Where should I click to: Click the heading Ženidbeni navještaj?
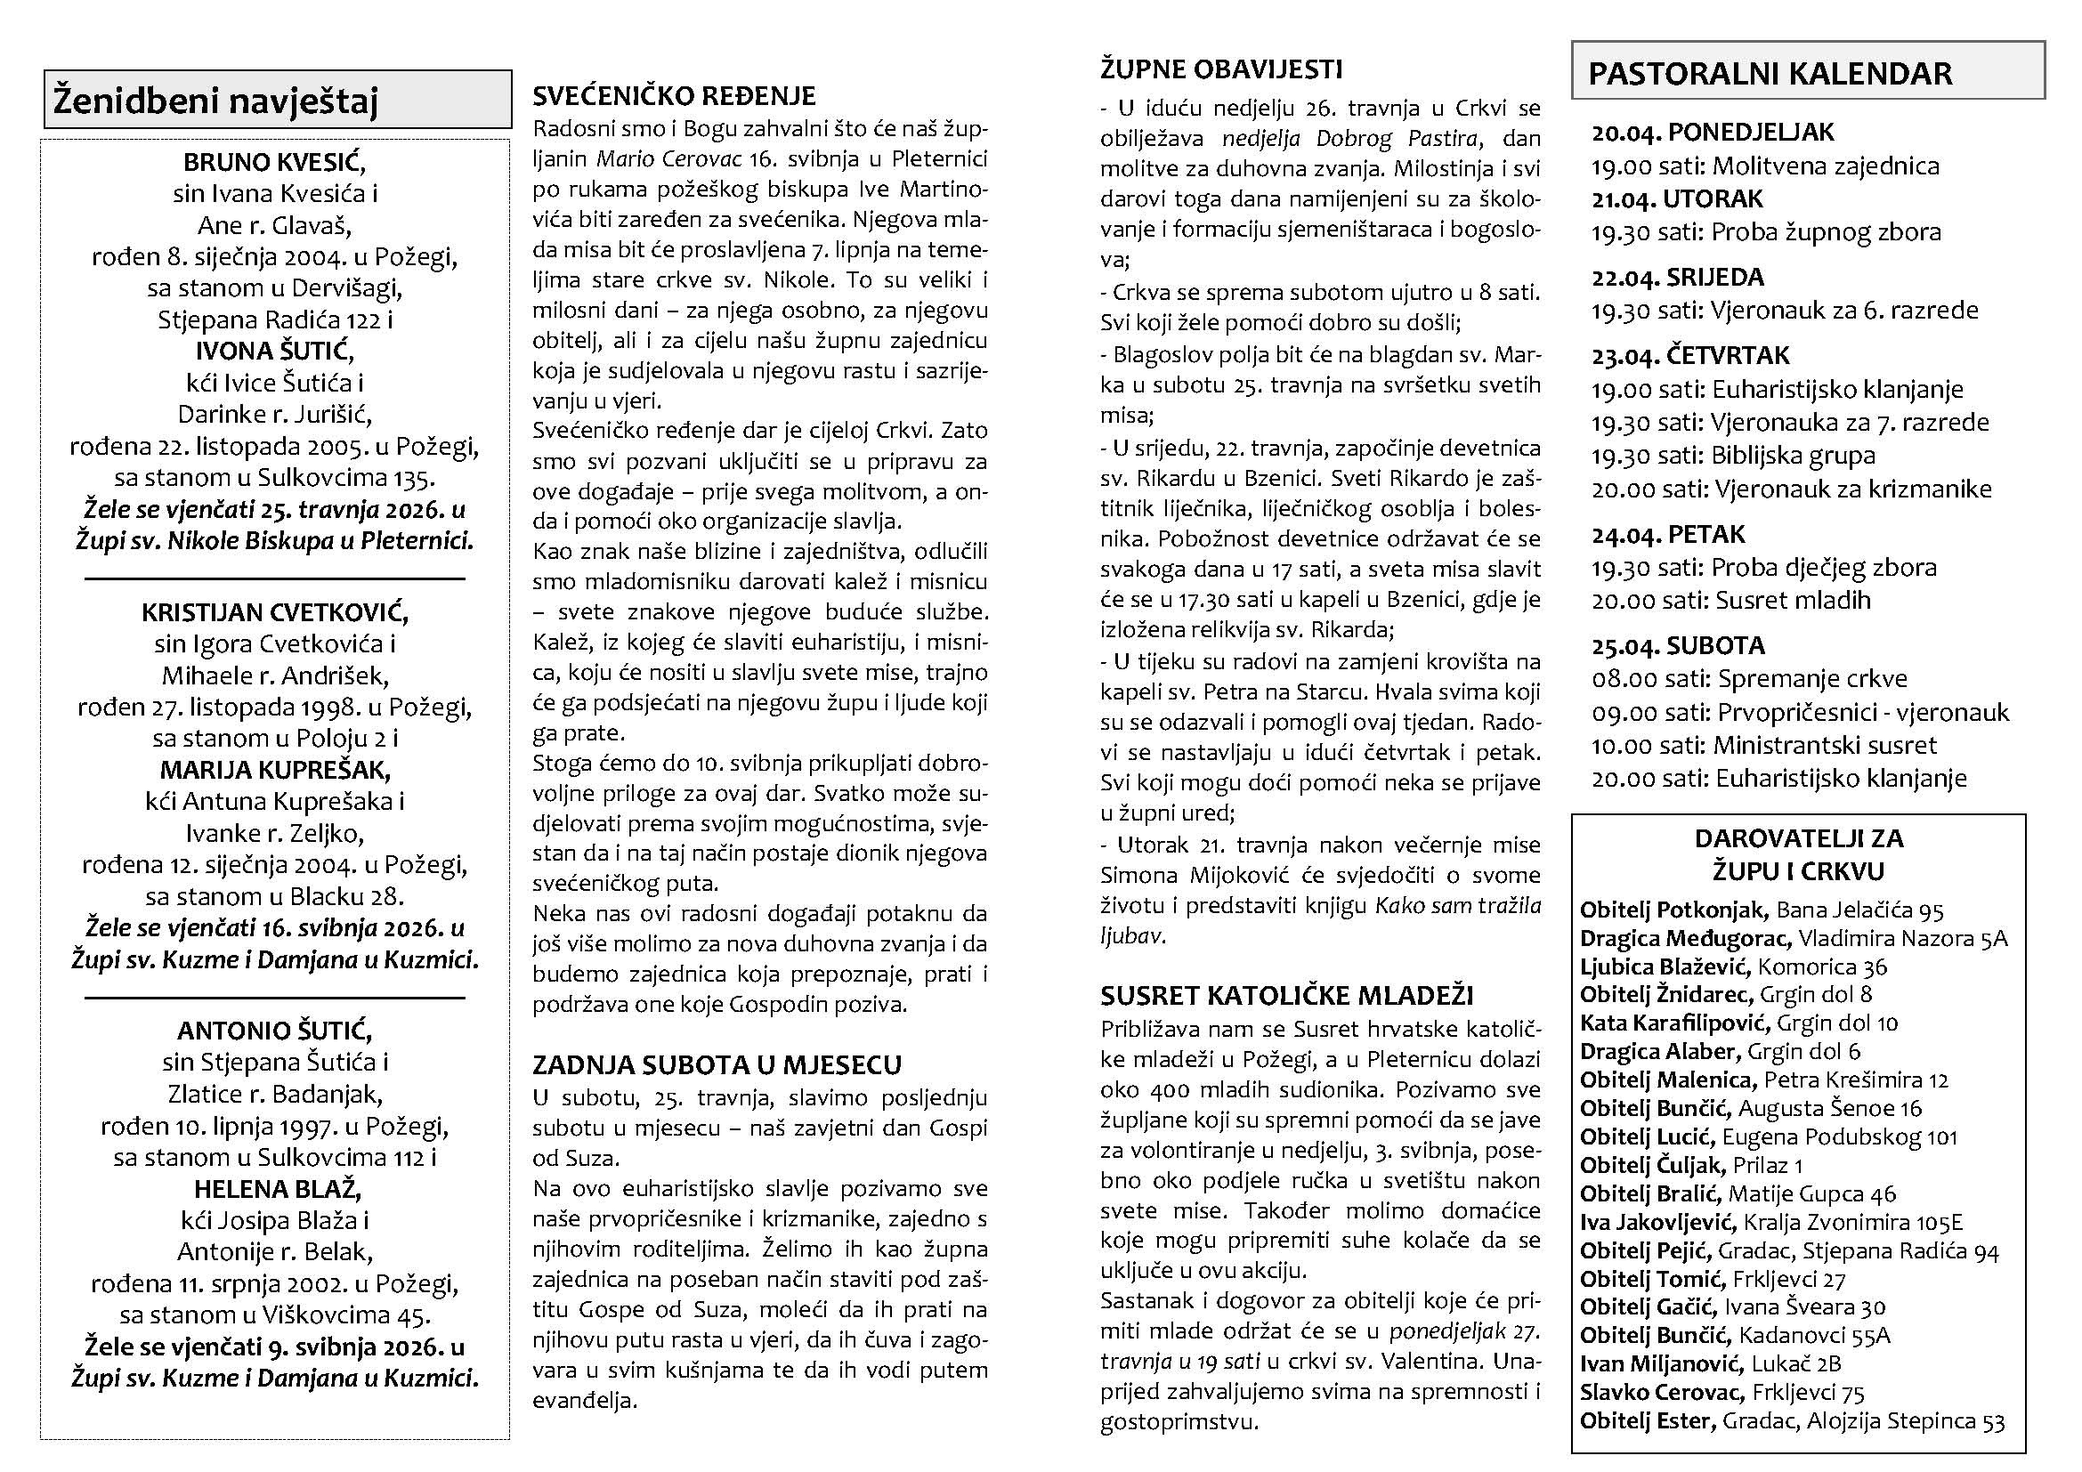[x=215, y=100]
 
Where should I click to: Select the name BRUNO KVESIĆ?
[x=274, y=162]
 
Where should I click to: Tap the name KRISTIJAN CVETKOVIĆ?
[x=274, y=611]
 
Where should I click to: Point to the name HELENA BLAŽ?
[x=274, y=1188]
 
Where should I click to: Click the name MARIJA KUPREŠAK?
[x=274, y=770]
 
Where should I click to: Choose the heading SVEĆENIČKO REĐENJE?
[x=674, y=95]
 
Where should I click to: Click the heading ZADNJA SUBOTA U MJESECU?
[x=717, y=1064]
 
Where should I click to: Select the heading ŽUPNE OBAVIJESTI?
[x=1220, y=69]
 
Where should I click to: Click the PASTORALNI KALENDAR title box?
[x=1807, y=71]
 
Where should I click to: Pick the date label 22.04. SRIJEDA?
[x=1678, y=277]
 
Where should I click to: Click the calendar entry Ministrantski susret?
[x=1825, y=745]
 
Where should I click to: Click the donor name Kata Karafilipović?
[x=1674, y=1023]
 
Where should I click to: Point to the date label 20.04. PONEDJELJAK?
[x=1712, y=133]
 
